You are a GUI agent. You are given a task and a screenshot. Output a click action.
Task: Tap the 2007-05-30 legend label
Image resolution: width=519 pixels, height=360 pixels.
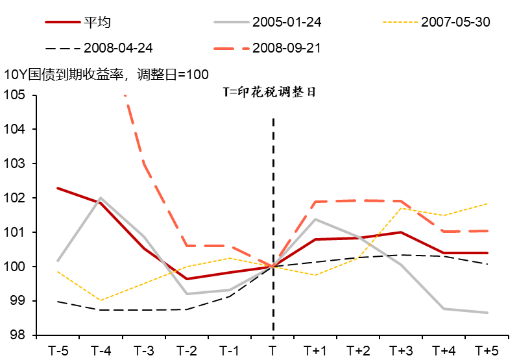tap(455, 22)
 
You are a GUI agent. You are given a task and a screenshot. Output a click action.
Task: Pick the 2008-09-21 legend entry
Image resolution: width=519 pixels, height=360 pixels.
tap(285, 48)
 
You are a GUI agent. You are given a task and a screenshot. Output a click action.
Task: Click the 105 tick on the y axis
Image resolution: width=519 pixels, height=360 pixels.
tap(14, 95)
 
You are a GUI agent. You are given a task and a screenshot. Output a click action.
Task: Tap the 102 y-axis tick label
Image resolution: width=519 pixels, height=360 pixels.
tap(14, 198)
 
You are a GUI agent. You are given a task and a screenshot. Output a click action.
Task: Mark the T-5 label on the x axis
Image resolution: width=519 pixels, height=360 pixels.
tap(58, 351)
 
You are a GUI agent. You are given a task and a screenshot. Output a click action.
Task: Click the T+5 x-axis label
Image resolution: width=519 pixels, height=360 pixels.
tap(487, 351)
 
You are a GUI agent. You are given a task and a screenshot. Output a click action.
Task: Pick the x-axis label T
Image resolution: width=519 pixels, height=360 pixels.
tap(272, 351)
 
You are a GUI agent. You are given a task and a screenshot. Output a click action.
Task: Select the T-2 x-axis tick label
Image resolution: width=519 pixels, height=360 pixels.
tap(186, 351)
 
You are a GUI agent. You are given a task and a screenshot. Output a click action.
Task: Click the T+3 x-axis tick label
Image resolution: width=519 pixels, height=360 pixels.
tap(401, 351)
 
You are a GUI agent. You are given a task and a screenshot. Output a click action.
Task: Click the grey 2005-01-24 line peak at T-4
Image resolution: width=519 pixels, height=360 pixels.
tap(101, 198)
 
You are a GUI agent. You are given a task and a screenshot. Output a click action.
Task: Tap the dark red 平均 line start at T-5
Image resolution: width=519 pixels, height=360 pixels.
tap(58, 188)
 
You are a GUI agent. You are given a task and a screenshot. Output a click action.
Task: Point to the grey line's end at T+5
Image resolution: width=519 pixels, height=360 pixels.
tap(487, 313)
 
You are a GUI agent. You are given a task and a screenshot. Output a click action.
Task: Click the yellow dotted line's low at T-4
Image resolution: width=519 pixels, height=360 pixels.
tap(101, 300)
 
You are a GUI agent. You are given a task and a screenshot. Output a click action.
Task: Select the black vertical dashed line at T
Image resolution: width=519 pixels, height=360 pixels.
tap(273, 195)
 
